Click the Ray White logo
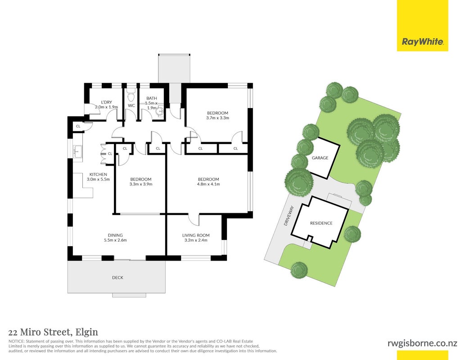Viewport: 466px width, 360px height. coord(422,26)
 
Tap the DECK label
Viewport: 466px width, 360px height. coord(118,278)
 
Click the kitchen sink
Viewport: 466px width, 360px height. coord(78,152)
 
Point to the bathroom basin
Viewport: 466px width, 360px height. coord(160,111)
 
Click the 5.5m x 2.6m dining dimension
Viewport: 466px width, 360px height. coord(115,240)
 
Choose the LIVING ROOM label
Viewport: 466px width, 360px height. coord(196,235)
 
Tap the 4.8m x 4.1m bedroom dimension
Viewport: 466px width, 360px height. coord(208,184)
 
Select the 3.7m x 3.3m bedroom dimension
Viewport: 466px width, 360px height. coord(217,118)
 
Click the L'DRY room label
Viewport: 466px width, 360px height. coord(106,102)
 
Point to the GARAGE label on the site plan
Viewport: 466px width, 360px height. coord(320,157)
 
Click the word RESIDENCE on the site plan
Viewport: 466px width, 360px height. coord(321,223)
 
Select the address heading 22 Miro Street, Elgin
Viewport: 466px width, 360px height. coord(53,332)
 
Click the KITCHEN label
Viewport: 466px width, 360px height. coord(98,174)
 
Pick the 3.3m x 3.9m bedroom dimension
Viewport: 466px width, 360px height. coord(141,184)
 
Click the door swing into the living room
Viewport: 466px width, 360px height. coord(194,220)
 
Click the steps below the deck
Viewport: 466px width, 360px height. coord(129,295)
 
